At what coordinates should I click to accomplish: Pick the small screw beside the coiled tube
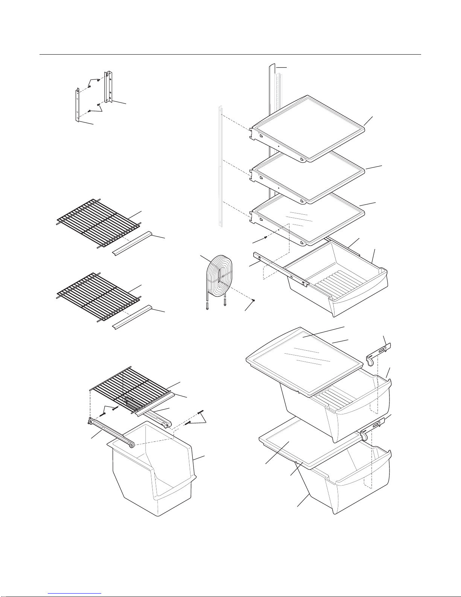(254, 300)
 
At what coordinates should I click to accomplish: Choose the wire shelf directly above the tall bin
(132, 388)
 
